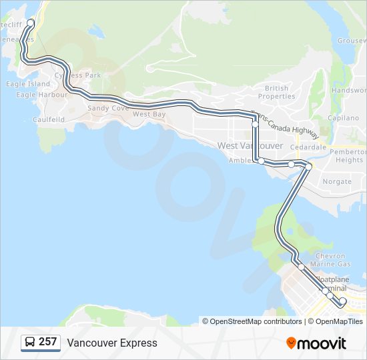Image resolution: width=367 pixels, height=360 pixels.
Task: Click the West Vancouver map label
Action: click(x=250, y=145)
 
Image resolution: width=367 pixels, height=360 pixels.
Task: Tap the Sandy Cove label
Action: click(x=108, y=108)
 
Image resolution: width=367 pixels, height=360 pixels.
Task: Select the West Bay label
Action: click(x=149, y=115)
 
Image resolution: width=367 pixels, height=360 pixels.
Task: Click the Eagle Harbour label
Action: click(x=42, y=95)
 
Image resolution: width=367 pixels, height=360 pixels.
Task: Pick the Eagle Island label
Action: click(x=28, y=84)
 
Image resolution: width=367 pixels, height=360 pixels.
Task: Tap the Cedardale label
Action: click(x=308, y=147)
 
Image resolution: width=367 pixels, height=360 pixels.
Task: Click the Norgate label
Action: click(x=337, y=181)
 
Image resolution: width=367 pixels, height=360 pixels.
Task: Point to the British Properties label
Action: click(x=276, y=92)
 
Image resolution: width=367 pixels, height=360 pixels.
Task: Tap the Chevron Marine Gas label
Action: click(x=330, y=260)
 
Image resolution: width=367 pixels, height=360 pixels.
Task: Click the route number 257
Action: click(x=47, y=342)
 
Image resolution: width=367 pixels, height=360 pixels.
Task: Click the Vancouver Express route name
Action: click(x=112, y=343)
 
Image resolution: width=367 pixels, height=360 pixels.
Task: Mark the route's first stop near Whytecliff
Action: click(x=31, y=23)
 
